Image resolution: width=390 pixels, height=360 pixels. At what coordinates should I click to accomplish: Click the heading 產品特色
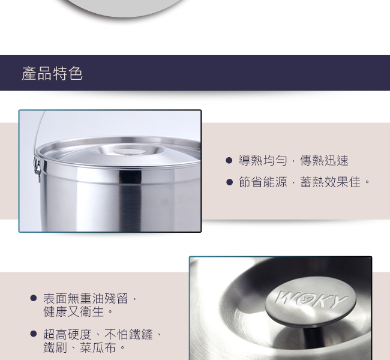(x=52, y=73)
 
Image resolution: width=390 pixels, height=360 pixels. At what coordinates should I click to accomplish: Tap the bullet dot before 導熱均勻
(x=229, y=160)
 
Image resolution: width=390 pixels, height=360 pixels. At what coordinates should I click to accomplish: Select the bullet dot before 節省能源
(x=229, y=182)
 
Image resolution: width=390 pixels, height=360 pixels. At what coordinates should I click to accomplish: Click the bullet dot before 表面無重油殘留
(x=34, y=298)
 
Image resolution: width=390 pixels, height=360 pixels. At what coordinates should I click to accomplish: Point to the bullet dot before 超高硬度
(x=34, y=334)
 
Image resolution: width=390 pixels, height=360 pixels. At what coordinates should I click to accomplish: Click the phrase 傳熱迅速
(x=324, y=160)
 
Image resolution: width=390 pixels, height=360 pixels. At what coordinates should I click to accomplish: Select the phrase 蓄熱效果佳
(x=331, y=182)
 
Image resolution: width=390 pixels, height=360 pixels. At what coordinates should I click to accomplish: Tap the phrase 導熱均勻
(x=263, y=160)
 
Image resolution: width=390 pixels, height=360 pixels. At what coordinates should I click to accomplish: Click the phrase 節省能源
(x=263, y=182)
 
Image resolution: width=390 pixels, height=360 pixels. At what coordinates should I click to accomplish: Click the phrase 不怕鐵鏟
(x=128, y=334)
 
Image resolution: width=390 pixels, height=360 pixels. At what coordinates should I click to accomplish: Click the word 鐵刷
(x=55, y=347)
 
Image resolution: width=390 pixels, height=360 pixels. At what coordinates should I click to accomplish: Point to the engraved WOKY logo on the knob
(x=311, y=299)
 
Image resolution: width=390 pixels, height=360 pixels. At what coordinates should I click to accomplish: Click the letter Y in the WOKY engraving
(x=338, y=302)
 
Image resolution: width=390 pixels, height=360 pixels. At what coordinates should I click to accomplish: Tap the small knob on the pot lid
(x=130, y=152)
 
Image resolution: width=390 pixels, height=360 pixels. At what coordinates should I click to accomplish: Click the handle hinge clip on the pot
(x=37, y=166)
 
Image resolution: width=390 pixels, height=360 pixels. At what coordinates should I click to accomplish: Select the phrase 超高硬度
(x=67, y=334)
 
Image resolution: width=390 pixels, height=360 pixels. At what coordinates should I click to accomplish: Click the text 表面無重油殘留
(x=86, y=298)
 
